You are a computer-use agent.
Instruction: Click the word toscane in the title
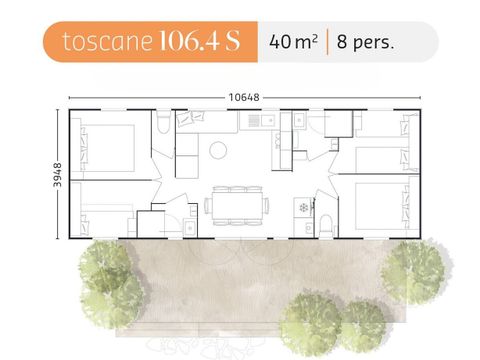tap(98, 42)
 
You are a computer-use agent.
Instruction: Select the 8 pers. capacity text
tap(366, 42)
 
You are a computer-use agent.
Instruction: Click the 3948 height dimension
tap(58, 172)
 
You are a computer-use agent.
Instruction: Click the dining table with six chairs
tap(237, 203)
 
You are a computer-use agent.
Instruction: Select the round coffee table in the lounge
tap(218, 151)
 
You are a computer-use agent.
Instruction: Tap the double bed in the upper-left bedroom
tap(107, 145)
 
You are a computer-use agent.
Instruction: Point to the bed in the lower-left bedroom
tap(103, 222)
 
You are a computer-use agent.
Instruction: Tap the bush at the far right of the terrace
tap(418, 271)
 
